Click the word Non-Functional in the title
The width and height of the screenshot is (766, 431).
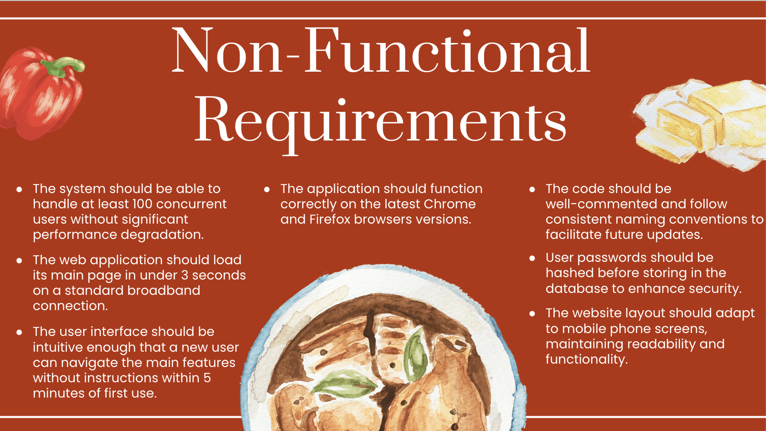tap(381, 51)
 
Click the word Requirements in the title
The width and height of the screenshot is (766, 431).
tap(381, 120)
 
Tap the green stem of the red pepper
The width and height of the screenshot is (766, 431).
tap(62, 66)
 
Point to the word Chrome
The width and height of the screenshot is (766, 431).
tap(450, 204)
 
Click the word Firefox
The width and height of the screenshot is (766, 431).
tap(330, 219)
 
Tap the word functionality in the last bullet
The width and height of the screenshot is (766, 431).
tap(586, 359)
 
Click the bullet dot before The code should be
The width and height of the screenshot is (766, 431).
tap(532, 190)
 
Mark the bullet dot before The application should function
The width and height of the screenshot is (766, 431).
tap(267, 190)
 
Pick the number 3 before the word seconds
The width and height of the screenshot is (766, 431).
tap(184, 275)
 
